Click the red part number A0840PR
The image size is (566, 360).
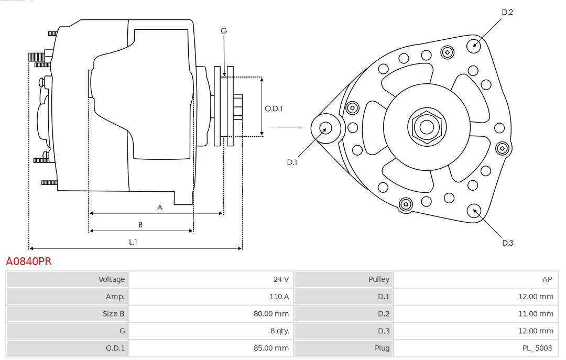28,261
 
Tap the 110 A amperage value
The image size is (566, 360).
279,297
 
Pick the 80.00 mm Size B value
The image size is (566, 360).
270,314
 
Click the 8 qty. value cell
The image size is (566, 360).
278,331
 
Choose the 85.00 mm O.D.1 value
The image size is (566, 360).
270,348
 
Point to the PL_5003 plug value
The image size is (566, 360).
537,348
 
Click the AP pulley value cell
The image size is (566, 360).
547,279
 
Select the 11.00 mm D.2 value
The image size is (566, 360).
535,314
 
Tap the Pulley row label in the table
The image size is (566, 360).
379,279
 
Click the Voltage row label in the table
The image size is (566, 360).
112,279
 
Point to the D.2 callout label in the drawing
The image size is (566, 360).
507,12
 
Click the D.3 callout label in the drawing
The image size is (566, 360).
507,243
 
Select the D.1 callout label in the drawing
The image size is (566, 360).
292,162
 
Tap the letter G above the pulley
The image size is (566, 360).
224,31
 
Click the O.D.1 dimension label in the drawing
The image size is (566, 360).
274,109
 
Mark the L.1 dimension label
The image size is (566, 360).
133,242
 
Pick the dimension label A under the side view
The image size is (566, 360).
160,208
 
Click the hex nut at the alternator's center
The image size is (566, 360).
427,126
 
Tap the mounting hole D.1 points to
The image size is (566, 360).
325,127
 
